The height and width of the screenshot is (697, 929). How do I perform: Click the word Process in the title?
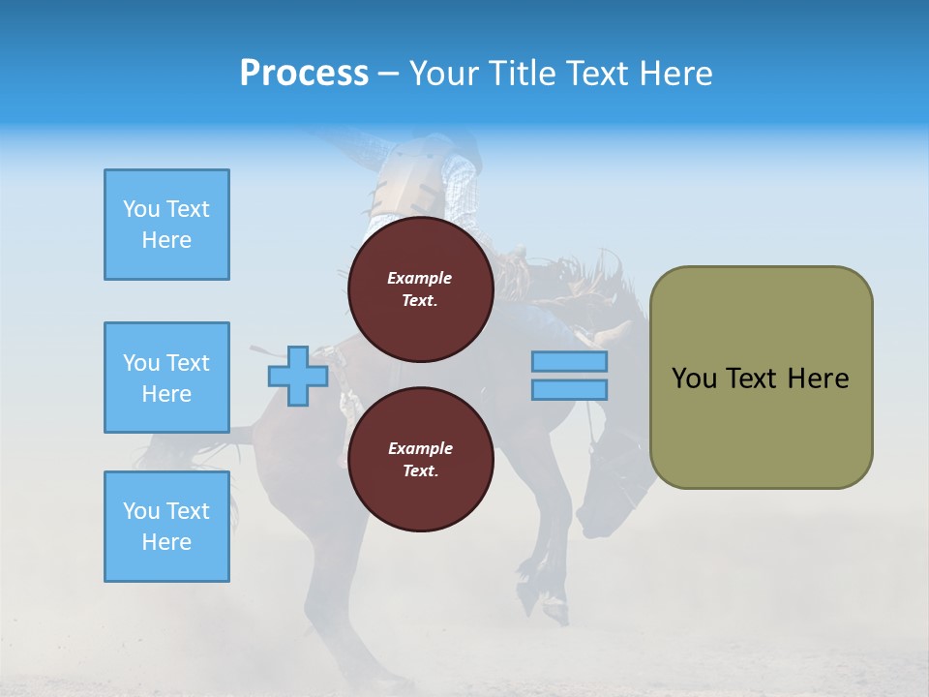(x=304, y=74)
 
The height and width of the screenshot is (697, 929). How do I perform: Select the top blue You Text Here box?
(x=166, y=225)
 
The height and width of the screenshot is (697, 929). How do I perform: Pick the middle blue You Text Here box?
(x=166, y=378)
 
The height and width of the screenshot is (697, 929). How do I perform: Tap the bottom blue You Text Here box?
(x=166, y=527)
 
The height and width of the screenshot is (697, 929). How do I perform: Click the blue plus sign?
(x=297, y=376)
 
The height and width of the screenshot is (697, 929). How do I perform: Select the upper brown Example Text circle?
(x=421, y=289)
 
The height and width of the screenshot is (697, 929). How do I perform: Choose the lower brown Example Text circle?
(x=421, y=460)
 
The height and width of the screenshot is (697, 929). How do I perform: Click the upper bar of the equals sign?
(x=569, y=362)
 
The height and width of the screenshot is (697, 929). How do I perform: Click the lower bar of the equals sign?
(x=569, y=389)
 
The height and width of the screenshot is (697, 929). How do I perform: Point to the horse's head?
(x=610, y=484)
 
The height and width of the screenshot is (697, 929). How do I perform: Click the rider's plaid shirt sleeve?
(x=460, y=184)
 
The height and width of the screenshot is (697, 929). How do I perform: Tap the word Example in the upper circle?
(x=419, y=278)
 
